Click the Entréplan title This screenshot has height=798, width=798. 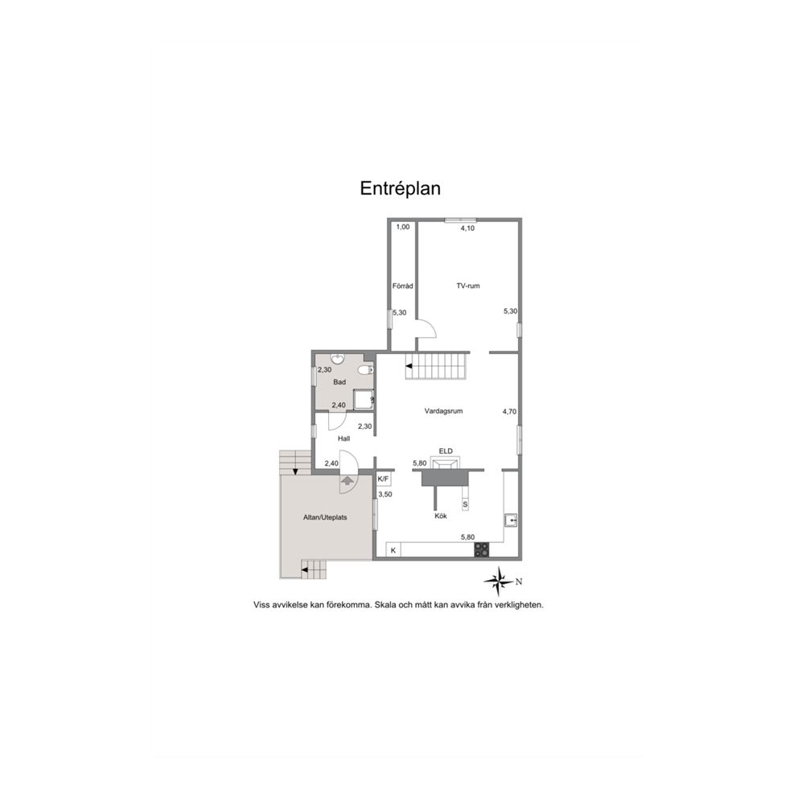point(401,188)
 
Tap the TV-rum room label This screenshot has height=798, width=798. point(467,286)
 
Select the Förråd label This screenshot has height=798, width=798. point(402,286)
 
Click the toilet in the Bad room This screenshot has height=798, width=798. point(367,370)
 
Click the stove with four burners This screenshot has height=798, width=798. point(482,550)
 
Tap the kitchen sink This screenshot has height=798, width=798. point(510,520)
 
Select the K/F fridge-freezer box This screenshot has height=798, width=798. point(383,479)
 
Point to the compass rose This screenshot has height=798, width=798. point(499,578)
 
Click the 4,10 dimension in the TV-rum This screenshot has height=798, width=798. point(467,228)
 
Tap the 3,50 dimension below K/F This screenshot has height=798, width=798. point(385,494)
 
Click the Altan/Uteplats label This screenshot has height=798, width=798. point(325,517)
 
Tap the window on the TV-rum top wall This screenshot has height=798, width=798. point(460,219)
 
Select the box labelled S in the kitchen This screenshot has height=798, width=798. point(465,504)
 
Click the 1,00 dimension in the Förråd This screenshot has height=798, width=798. point(402,227)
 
